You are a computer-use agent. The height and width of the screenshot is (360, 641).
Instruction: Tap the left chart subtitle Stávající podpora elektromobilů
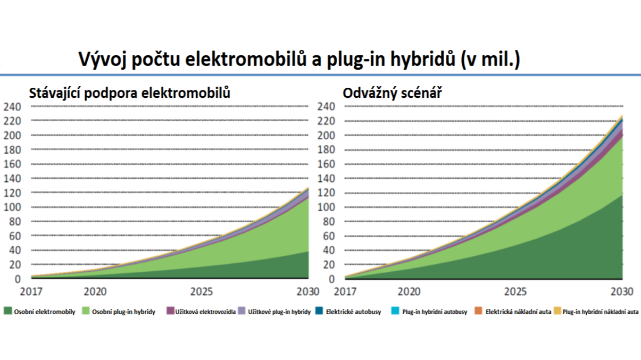click(x=129, y=93)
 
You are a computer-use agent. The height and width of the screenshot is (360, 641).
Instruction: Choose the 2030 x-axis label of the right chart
click(x=622, y=291)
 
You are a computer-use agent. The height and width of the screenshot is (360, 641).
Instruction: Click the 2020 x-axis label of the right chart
click(x=409, y=291)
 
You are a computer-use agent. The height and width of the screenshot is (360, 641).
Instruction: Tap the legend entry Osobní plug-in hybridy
click(x=123, y=312)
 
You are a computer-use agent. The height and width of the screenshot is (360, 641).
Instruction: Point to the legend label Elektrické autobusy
click(x=353, y=312)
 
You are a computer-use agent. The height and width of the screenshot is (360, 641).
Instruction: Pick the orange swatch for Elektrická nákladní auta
click(x=478, y=311)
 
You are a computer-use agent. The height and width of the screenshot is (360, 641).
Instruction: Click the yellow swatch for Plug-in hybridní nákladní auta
click(x=557, y=311)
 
